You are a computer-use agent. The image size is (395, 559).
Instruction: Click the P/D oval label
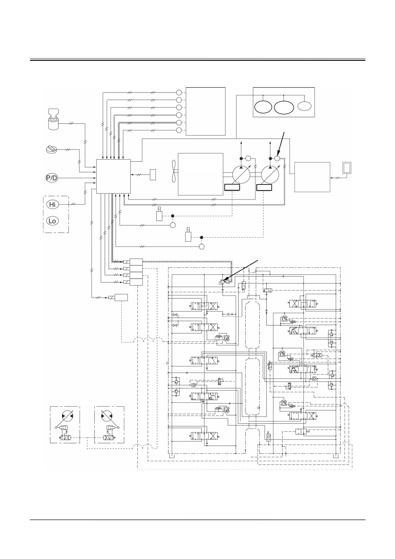coord(52,178)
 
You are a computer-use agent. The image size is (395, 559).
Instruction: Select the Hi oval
coord(52,204)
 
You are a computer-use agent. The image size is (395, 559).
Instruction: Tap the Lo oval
coord(52,221)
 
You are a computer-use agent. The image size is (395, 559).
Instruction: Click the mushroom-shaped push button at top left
coord(54,119)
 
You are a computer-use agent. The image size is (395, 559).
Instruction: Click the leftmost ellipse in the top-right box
coord(263,107)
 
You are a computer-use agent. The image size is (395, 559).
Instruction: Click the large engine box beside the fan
coord(200,174)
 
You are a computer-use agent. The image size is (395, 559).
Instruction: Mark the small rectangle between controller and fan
coord(153,175)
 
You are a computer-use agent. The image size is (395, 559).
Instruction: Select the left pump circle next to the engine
coord(241,174)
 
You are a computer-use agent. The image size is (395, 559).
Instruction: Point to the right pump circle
coord(270,174)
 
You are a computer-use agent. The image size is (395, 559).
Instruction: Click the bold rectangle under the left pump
coord(232,187)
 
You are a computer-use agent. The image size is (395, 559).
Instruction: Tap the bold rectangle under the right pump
coord(264,187)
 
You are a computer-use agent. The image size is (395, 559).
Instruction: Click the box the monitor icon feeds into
coord(312,177)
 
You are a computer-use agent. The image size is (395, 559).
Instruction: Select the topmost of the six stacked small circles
coord(179,92)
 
